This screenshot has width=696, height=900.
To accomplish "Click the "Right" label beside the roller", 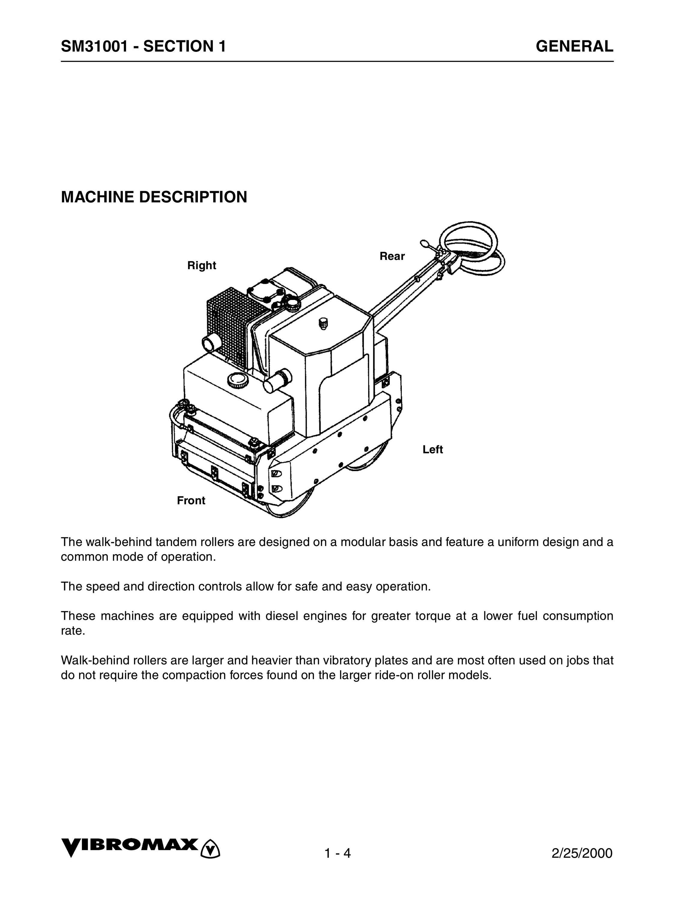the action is click(202, 265).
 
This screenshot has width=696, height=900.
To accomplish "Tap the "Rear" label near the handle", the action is click(392, 256).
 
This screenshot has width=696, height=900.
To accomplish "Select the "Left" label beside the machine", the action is click(433, 450).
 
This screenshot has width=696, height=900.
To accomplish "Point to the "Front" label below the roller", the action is click(191, 501).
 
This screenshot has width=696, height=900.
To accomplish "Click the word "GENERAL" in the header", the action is click(574, 46).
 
